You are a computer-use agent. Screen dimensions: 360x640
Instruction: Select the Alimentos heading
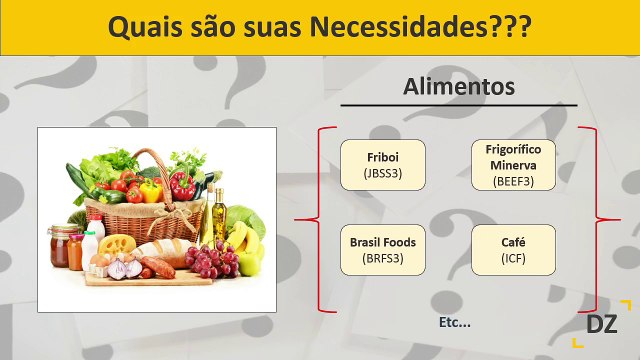click(458, 87)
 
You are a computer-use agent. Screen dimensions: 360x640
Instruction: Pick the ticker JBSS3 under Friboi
click(382, 174)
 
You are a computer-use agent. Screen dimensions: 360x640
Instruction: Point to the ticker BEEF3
click(514, 182)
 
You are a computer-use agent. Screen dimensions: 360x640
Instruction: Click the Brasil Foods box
click(382, 250)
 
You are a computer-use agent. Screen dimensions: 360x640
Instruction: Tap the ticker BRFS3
click(382, 259)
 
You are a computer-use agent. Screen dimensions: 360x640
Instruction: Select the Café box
click(514, 250)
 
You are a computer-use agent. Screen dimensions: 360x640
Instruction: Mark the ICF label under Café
click(514, 259)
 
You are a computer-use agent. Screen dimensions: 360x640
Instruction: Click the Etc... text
click(454, 322)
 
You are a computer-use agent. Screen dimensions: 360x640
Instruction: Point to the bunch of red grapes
click(213, 262)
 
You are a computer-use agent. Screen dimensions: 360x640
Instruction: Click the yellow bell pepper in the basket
click(150, 190)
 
